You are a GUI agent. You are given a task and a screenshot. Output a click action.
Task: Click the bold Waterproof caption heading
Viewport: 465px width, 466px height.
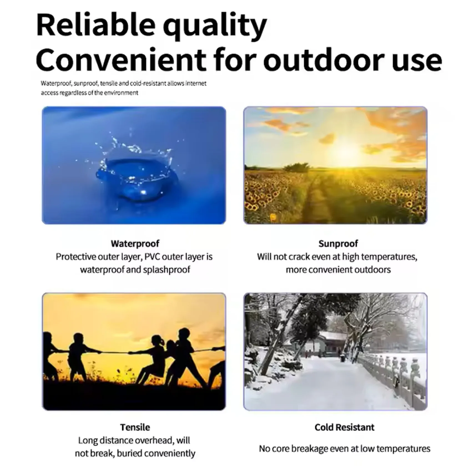[x=135, y=244]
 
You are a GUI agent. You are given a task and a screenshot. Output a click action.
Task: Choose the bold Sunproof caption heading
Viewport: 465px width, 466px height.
[x=338, y=244]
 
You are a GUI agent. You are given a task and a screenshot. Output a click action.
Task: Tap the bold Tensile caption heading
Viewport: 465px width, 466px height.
[x=135, y=427]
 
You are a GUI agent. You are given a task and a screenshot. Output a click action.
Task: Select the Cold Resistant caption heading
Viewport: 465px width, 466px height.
[x=345, y=427]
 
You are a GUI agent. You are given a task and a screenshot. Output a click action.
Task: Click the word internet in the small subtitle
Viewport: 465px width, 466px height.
[x=196, y=83]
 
